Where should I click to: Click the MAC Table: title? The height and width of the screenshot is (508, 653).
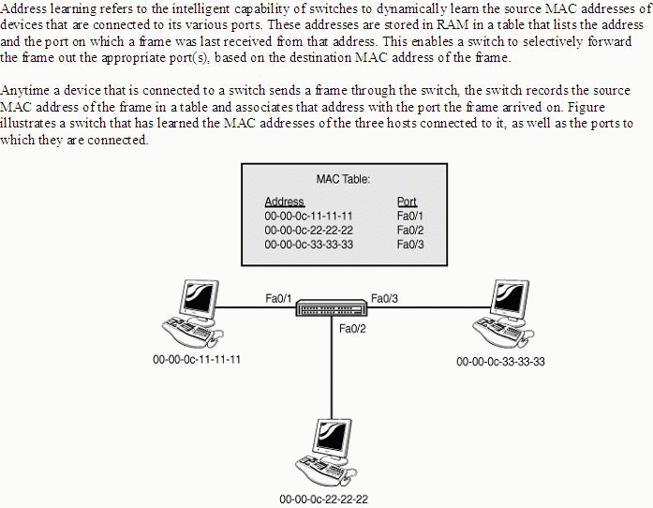point(343,179)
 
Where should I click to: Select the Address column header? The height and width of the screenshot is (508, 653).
point(285,202)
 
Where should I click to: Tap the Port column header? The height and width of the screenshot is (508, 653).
point(407,202)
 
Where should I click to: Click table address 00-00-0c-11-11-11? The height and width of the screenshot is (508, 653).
point(308,216)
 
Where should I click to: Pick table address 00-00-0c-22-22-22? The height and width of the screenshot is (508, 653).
point(308,230)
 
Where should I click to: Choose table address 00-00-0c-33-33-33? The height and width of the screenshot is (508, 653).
point(308,245)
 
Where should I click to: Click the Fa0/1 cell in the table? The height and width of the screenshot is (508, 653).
point(410,216)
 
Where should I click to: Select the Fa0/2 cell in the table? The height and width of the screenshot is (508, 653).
point(410,230)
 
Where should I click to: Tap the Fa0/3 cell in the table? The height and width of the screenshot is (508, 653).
point(410,245)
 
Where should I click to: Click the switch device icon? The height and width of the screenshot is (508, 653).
point(332,307)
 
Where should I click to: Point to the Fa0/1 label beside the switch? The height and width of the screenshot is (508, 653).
point(278,298)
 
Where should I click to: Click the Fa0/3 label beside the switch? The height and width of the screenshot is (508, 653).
point(384,298)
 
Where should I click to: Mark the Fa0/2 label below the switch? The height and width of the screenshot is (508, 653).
point(352,329)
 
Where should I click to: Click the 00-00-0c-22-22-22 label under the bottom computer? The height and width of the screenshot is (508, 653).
point(323,500)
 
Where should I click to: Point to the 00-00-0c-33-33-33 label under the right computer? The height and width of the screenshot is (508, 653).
point(500,361)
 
